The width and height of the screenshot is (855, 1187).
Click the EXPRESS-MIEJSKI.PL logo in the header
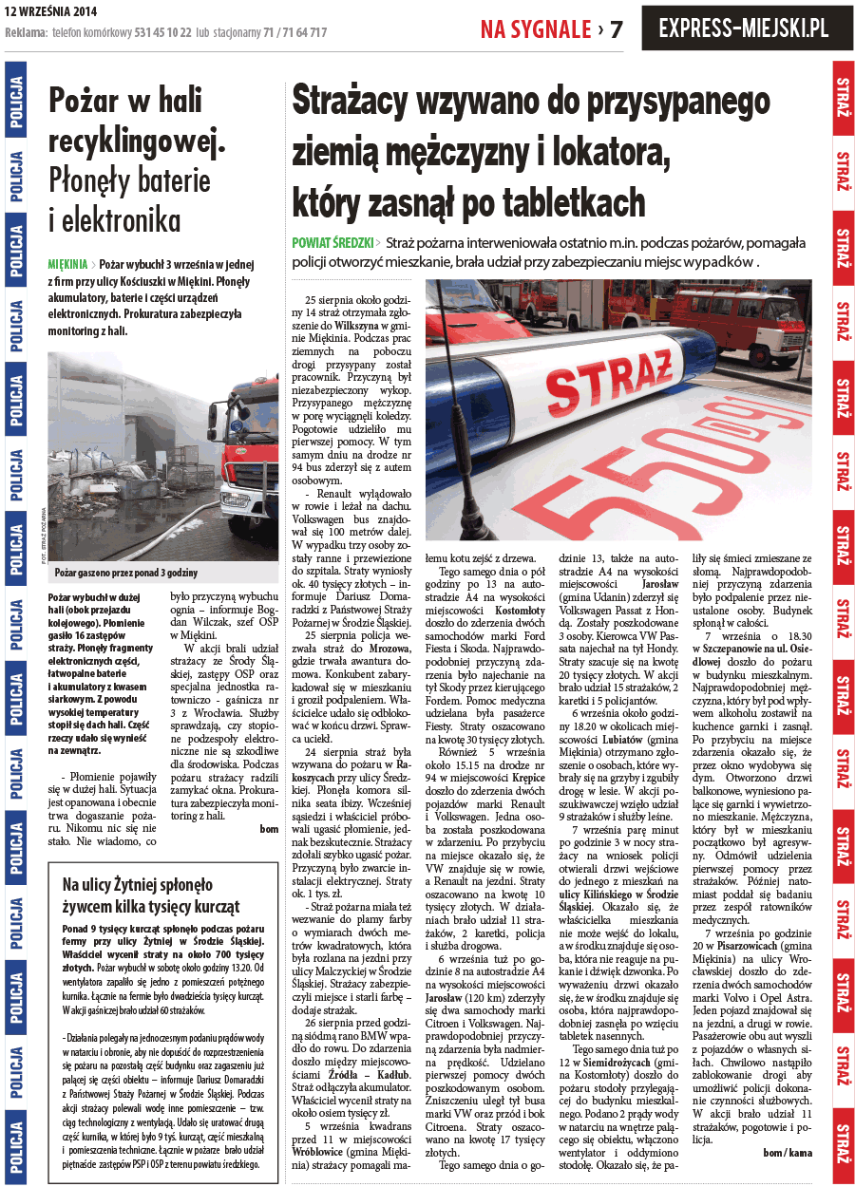[x=743, y=28]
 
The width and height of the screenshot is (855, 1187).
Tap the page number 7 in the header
[x=617, y=29]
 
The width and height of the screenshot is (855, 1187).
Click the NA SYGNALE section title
[x=536, y=29]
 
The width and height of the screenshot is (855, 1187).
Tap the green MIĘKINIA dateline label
[x=66, y=263]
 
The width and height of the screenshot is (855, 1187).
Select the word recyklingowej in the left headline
[x=136, y=141]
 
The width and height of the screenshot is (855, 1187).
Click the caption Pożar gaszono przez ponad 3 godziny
[x=125, y=573]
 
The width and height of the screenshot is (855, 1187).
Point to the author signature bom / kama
[x=788, y=1152]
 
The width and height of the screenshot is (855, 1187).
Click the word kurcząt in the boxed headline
[x=200, y=905]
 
